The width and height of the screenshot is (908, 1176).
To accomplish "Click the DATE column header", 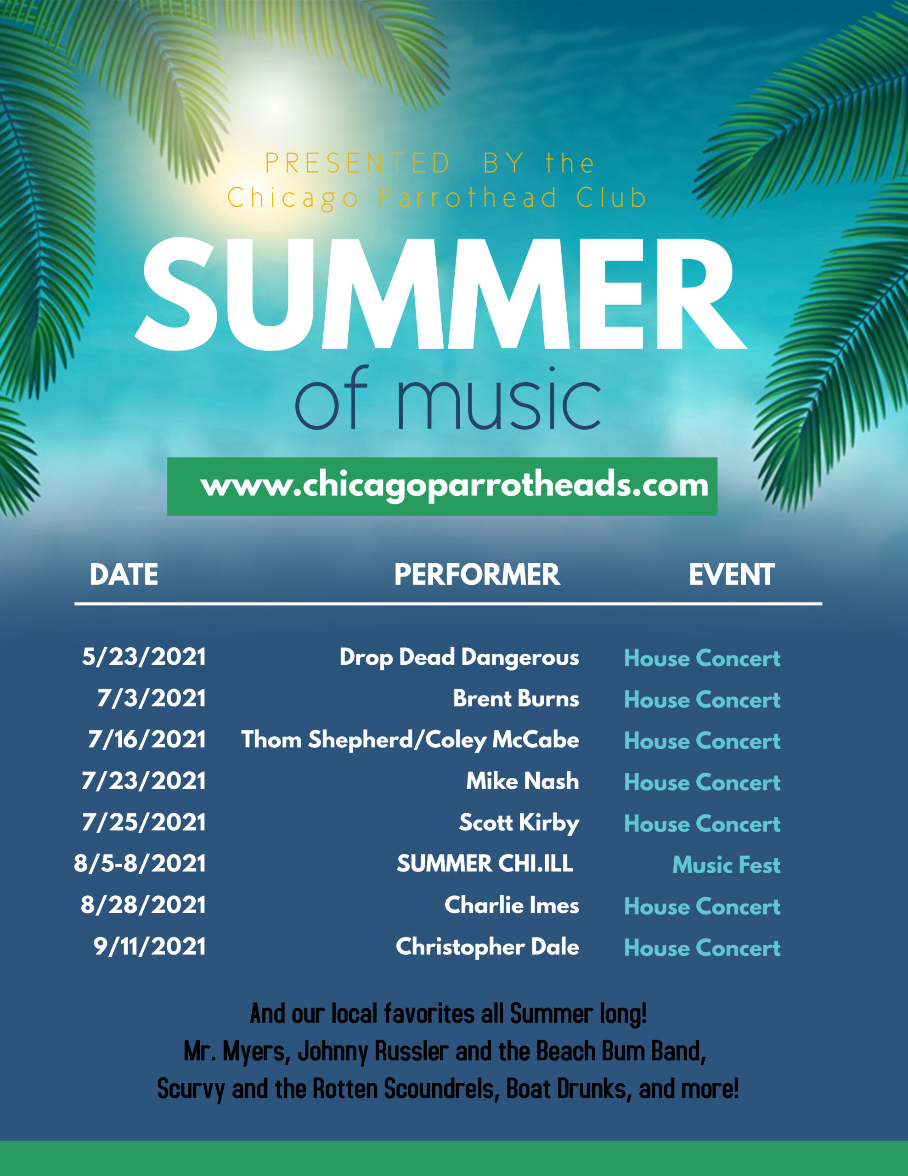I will [x=124, y=575].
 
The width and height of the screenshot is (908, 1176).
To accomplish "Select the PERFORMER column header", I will [x=477, y=575].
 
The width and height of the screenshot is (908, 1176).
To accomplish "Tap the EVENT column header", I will [x=732, y=575].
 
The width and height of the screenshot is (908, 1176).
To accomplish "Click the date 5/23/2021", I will [x=144, y=657].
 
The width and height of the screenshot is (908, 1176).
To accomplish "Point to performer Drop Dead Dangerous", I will [x=459, y=657].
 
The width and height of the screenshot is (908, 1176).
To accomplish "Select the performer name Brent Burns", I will [x=516, y=698].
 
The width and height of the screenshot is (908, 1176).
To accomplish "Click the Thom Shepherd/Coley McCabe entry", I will [x=410, y=740].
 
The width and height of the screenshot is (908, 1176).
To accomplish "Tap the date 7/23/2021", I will [x=144, y=781].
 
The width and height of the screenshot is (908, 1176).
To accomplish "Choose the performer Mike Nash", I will [x=522, y=781].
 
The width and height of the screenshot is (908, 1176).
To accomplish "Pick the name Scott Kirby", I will [x=519, y=823].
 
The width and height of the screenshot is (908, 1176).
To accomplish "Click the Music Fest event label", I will [x=726, y=865].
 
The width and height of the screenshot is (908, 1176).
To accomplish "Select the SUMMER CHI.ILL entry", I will [x=485, y=864].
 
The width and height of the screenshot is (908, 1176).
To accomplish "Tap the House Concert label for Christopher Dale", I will [x=702, y=948].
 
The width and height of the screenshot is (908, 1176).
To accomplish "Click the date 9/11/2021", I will [x=150, y=947].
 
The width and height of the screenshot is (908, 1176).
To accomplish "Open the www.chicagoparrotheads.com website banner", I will [x=442, y=486].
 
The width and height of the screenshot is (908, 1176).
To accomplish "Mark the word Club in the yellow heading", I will [x=611, y=198].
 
